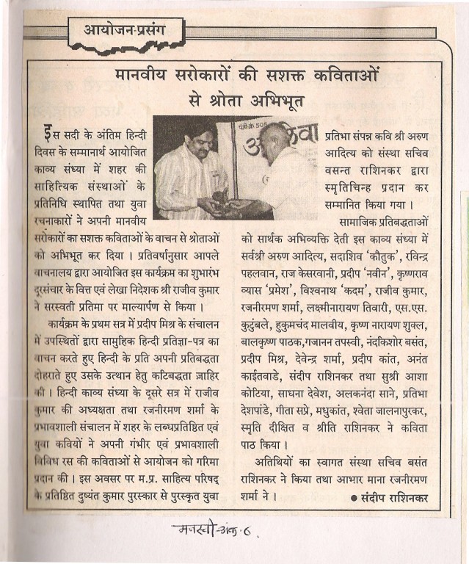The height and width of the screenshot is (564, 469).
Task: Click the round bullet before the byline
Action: coord(355,499)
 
